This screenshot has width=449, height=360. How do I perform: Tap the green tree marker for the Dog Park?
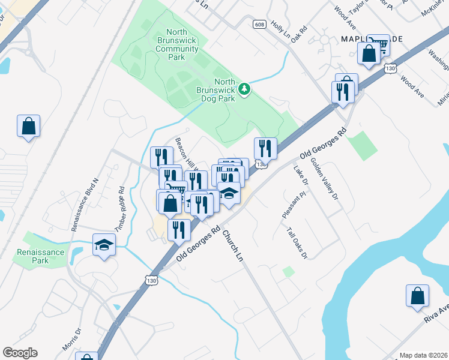[244, 89]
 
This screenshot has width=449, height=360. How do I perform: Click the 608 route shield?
[259, 24]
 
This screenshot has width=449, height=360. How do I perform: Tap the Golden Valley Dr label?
[324, 176]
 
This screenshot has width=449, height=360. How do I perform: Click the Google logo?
[20, 353]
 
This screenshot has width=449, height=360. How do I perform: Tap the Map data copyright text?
[423, 355]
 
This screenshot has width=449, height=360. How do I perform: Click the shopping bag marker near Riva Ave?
[417, 296]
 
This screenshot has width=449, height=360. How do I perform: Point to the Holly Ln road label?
[280, 27]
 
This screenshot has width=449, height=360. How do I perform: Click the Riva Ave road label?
[436, 313]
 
